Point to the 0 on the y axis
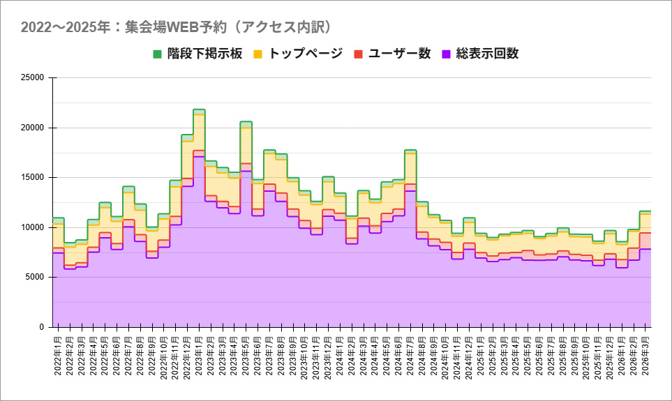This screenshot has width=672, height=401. click(x=42, y=327)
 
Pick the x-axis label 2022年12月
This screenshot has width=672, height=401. click(x=188, y=355)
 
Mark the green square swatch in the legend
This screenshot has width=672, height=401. click(x=157, y=54)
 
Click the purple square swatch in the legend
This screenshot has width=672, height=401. click(x=447, y=54)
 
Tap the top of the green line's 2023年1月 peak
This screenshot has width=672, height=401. click(x=199, y=109)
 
